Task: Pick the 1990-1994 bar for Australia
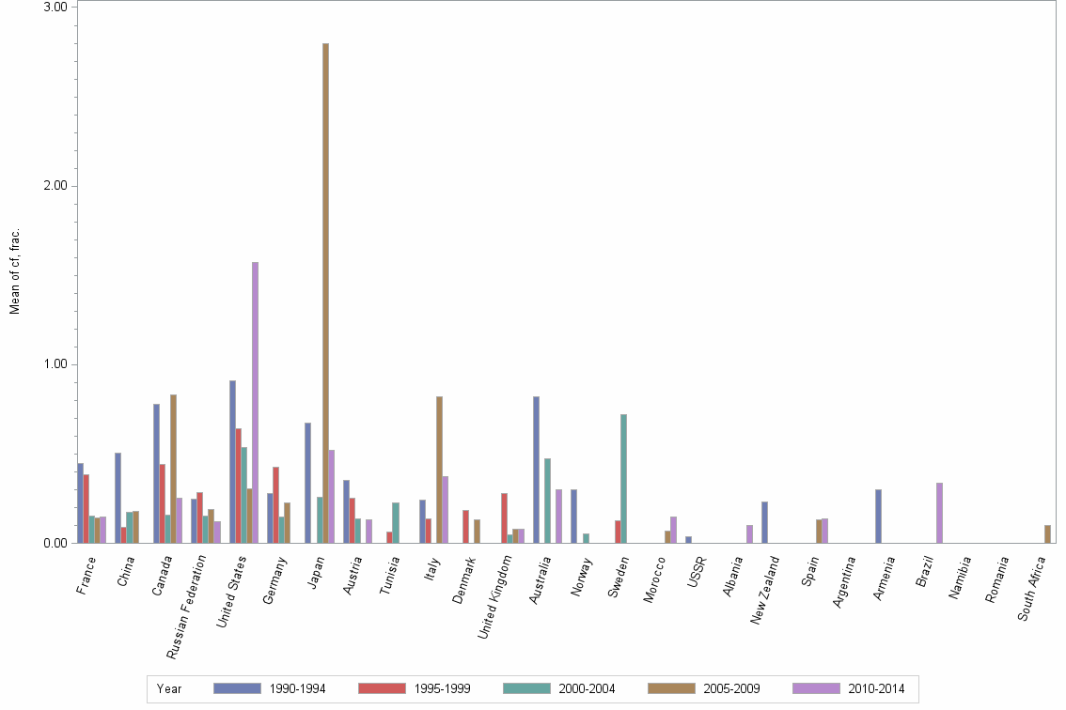pos(536,470)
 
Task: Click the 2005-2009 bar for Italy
pos(439,470)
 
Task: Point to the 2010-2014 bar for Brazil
pos(939,513)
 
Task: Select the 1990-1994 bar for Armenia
pos(878,516)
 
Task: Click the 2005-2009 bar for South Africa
pos(1047,533)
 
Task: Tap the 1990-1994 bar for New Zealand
pos(764,522)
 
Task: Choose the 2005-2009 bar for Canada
pos(173,469)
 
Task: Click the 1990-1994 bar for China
pos(118,498)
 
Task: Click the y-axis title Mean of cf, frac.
pos(14,271)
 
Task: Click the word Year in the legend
pos(169,689)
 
